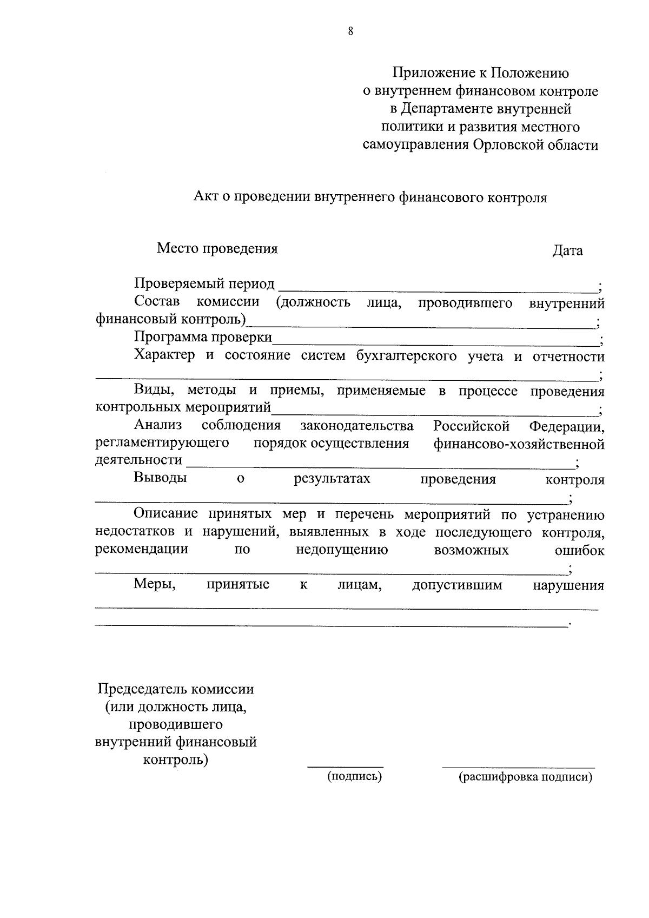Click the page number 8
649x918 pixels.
[350, 32]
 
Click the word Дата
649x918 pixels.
[567, 251]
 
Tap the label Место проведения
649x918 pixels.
[217, 249]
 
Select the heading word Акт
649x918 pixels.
[205, 198]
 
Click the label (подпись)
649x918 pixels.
[354, 777]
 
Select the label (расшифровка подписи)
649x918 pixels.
[525, 777]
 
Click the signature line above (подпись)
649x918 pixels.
[346, 767]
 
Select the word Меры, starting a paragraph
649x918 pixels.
[155, 584]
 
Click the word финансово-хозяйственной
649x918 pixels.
[519, 445]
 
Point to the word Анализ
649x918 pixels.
[158, 426]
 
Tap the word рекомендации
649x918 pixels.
[142, 549]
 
